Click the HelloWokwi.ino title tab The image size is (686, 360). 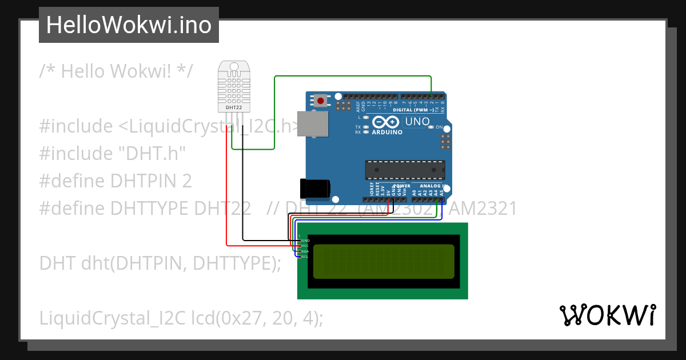coord(129,25)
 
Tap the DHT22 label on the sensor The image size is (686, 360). coord(233,107)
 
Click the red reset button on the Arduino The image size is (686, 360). coord(321,101)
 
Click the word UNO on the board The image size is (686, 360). coord(417,122)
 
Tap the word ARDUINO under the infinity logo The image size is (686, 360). coord(388,133)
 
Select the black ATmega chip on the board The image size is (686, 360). coord(405,170)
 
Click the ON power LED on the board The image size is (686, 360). coord(432,127)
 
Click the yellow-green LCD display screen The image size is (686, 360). coord(384,261)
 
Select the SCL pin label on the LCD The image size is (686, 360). coord(305,256)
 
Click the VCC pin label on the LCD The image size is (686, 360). coord(305,246)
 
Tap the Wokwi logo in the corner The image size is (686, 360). coord(607,315)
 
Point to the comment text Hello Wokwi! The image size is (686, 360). coord(117,71)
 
